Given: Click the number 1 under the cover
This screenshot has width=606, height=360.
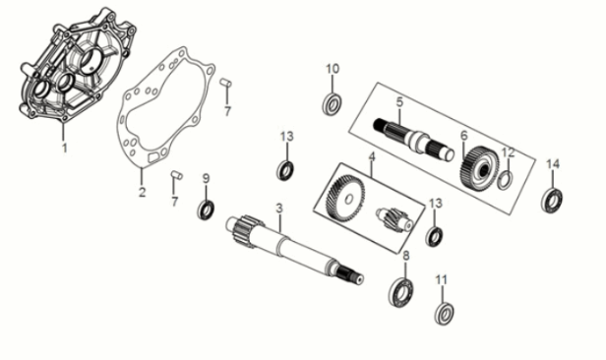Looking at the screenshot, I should [65, 150].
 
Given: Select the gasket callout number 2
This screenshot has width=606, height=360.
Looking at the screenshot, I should [141, 192].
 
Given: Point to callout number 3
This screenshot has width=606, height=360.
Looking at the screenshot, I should [279, 208].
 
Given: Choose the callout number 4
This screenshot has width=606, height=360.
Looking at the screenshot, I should [372, 157].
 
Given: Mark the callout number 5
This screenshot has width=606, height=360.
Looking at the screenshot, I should [400, 101].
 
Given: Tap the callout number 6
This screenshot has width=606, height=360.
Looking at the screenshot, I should [463, 136].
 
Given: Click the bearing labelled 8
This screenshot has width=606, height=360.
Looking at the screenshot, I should [401, 291].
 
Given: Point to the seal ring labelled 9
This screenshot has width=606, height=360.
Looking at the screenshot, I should [207, 210].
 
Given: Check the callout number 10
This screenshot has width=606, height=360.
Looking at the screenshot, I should [333, 69].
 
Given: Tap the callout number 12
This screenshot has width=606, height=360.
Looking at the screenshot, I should [508, 152].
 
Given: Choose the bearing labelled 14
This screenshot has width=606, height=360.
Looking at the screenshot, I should [553, 200].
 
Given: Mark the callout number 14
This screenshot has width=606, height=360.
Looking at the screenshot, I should [553, 163].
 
